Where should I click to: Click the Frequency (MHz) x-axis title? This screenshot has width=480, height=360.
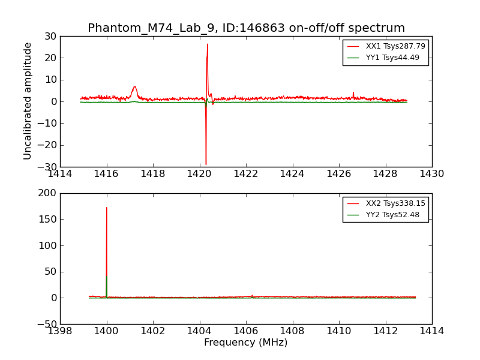pyautogui.click(x=246, y=343)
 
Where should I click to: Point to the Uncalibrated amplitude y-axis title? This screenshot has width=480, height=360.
pyautogui.click(x=28, y=101)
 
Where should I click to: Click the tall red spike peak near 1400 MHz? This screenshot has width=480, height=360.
pyautogui.click(x=107, y=208)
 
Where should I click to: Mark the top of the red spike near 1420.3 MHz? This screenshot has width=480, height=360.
pyautogui.click(x=208, y=44)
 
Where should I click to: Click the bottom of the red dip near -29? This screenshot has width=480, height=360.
pyautogui.click(x=206, y=164)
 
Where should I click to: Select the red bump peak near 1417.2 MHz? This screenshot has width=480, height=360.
pyautogui.click(x=135, y=86)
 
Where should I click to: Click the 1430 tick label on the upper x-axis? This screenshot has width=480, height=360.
pyautogui.click(x=432, y=174)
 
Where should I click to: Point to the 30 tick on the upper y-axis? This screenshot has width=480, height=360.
pyautogui.click(x=50, y=36)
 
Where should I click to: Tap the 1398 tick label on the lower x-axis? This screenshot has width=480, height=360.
pyautogui.click(x=60, y=331)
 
